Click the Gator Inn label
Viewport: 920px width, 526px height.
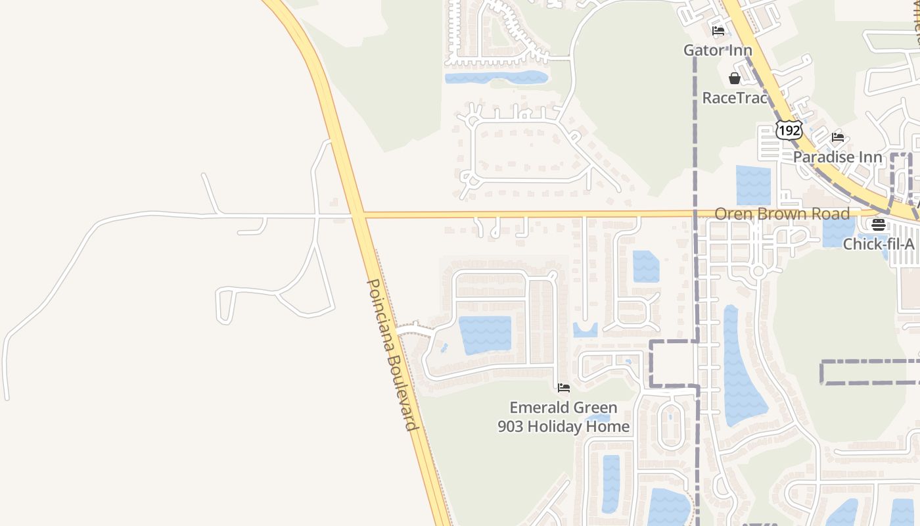[718, 51]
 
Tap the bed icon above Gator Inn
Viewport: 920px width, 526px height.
[718, 30]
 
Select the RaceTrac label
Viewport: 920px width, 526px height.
[735, 98]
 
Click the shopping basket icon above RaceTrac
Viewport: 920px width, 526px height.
[735, 78]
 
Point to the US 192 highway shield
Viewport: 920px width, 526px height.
[789, 130]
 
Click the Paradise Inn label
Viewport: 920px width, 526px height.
[837, 157]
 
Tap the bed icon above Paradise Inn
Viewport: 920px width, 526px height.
[838, 137]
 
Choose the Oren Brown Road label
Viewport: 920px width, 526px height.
[782, 214]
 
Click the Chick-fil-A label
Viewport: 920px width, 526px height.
[879, 244]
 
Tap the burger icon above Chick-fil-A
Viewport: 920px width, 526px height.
[879, 225]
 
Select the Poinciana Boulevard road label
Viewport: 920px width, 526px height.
[392, 355]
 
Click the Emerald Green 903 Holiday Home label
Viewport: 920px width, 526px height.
[563, 417]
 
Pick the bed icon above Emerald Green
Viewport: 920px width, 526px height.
[563, 388]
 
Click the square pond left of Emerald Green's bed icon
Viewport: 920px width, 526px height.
[485, 335]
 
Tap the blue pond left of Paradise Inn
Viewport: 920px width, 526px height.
[753, 185]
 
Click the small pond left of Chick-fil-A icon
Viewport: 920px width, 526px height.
[839, 231]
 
